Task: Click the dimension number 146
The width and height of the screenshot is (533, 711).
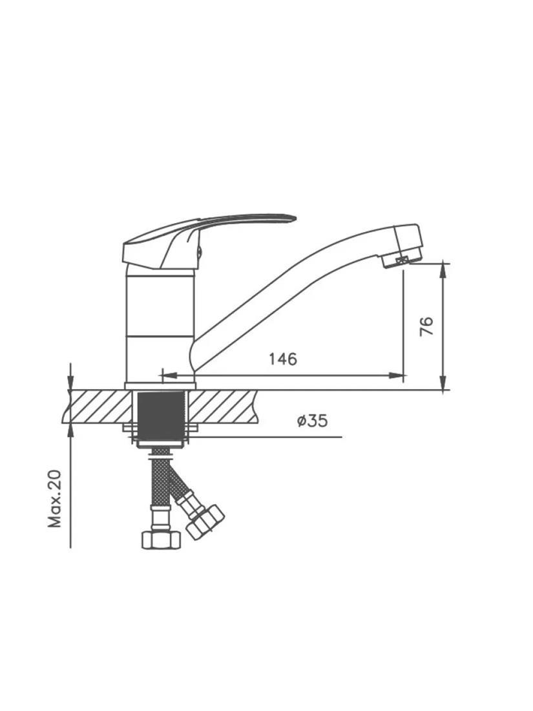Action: tap(283, 359)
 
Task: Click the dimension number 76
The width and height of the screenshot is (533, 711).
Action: tap(427, 326)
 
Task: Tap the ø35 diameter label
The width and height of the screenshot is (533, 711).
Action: tap(312, 421)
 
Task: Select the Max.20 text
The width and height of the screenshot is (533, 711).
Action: tap(55, 499)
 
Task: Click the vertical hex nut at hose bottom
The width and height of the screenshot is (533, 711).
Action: tap(161, 540)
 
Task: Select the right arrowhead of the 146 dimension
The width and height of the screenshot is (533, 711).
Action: tap(397, 376)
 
